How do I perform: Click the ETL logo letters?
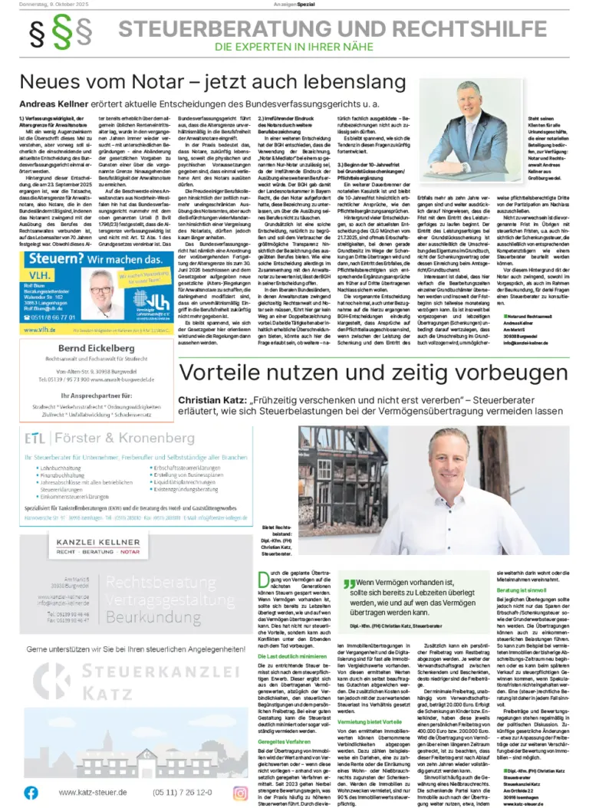click(x=35, y=438)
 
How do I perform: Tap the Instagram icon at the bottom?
click(x=242, y=792)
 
